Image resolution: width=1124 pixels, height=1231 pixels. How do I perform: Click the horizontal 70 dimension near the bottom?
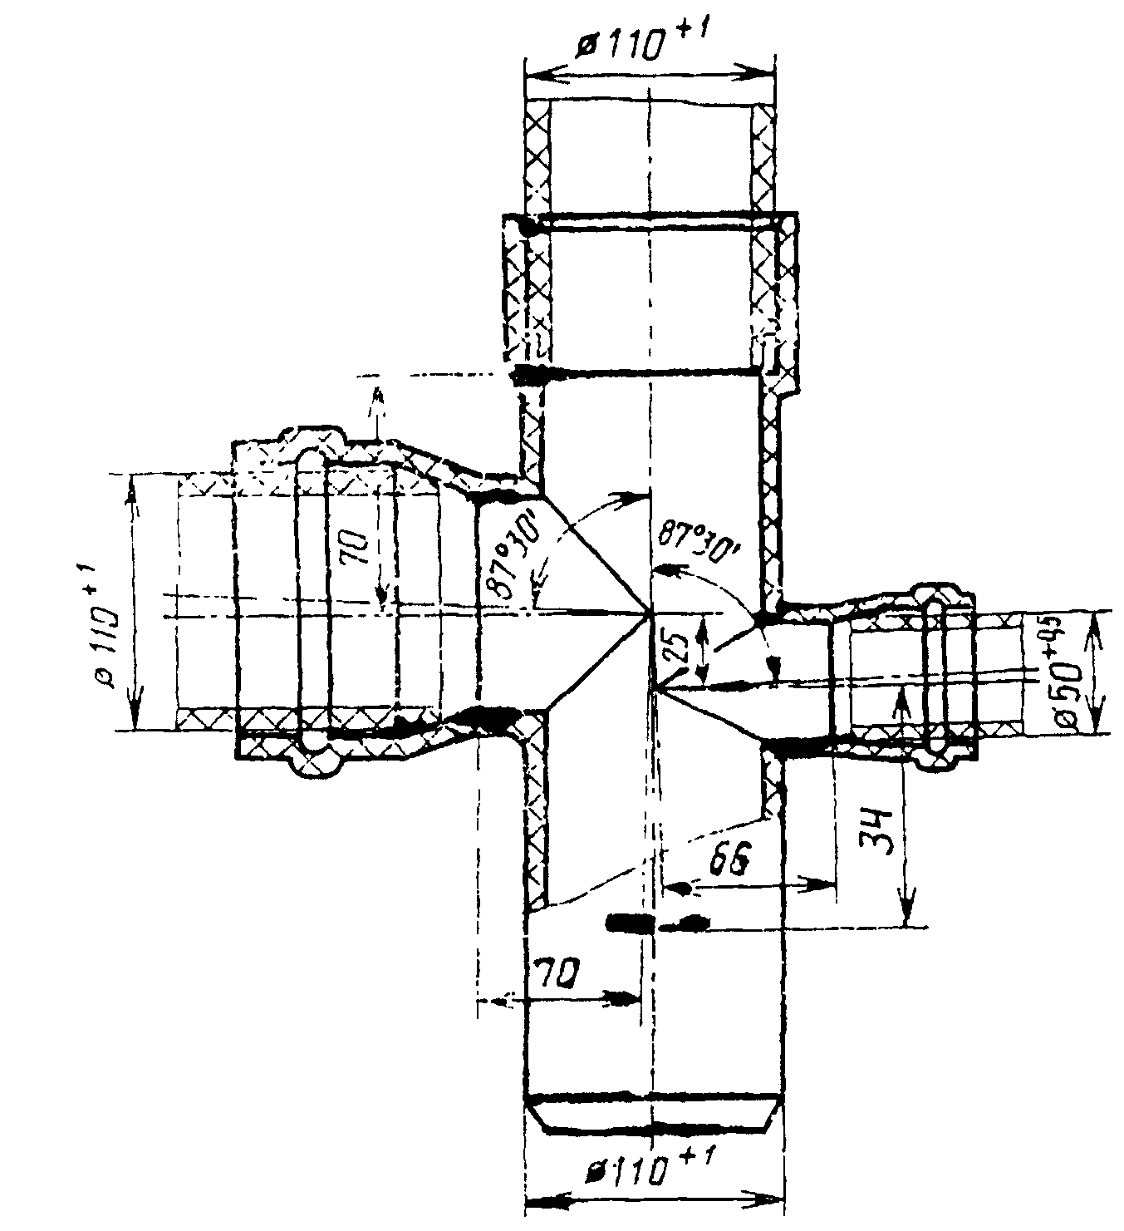click(x=558, y=972)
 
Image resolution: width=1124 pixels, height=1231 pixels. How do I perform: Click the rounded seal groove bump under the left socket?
click(x=313, y=761)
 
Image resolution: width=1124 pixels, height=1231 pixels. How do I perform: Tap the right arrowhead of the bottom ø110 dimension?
click(x=773, y=1199)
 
